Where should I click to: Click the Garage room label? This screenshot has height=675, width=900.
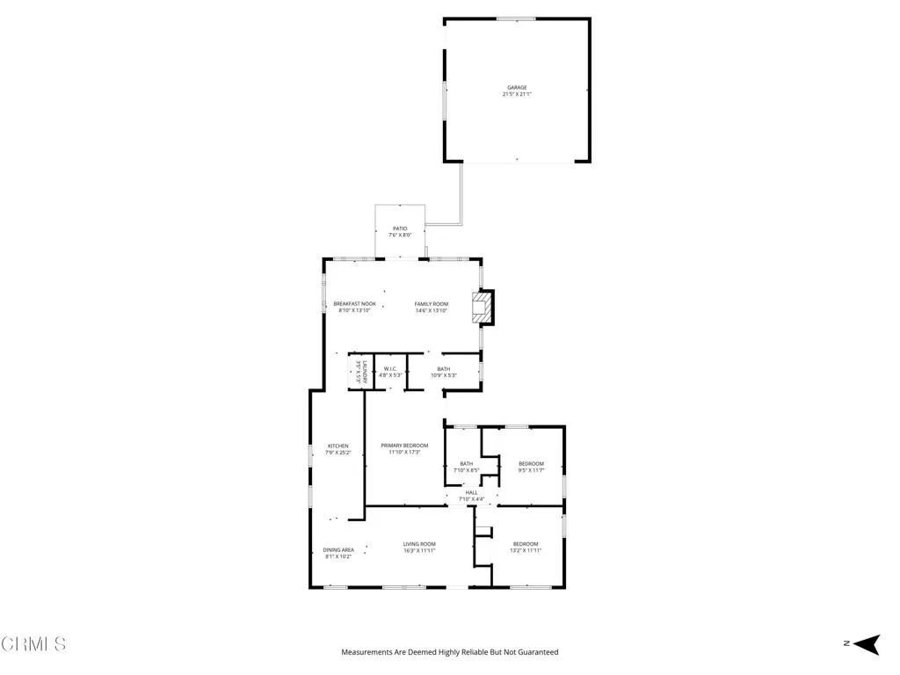pyautogui.click(x=517, y=87)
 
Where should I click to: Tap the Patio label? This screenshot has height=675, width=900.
pyautogui.click(x=400, y=229)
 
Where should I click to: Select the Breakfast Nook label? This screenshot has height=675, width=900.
pyautogui.click(x=354, y=304)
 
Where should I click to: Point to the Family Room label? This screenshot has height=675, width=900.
pyautogui.click(x=432, y=304)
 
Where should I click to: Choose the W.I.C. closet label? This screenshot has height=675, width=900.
pyautogui.click(x=390, y=368)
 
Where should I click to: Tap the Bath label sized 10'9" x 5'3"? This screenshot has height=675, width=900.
pyautogui.click(x=444, y=368)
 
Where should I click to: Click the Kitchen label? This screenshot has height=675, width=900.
pyautogui.click(x=338, y=446)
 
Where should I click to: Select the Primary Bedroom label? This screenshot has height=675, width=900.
pyautogui.click(x=404, y=446)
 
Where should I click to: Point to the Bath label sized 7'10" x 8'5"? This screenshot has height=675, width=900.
pyautogui.click(x=466, y=463)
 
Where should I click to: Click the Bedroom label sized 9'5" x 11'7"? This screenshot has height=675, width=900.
pyautogui.click(x=531, y=463)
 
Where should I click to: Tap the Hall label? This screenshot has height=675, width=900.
pyautogui.click(x=472, y=492)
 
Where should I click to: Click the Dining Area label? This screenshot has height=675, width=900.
pyautogui.click(x=338, y=549)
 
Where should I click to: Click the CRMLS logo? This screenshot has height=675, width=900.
pyautogui.click(x=33, y=644)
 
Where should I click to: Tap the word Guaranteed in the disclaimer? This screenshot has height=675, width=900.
pyautogui.click(x=537, y=652)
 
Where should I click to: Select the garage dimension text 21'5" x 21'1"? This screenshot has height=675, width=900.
pyautogui.click(x=517, y=94)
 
